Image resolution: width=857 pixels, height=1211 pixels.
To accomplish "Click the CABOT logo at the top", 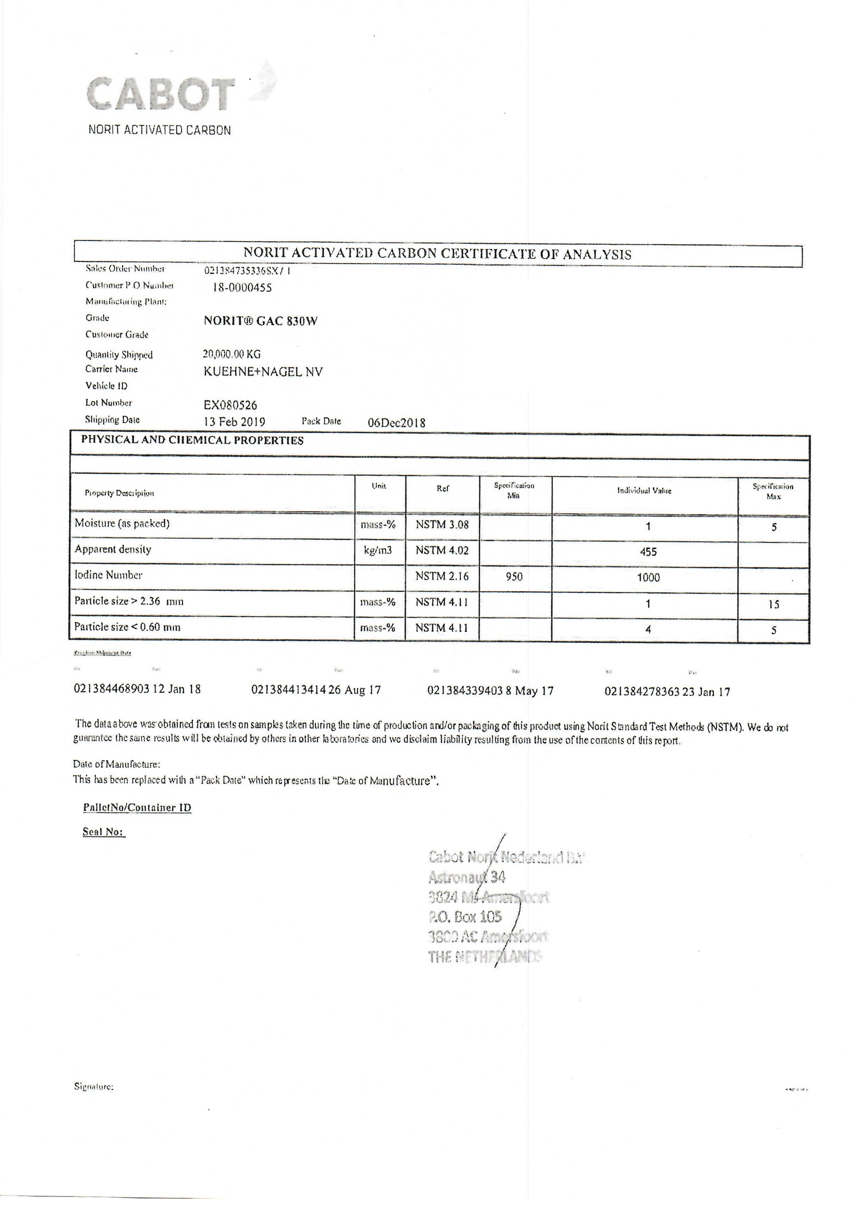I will coord(161,94).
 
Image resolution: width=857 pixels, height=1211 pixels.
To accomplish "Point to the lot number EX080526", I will coord(230,405).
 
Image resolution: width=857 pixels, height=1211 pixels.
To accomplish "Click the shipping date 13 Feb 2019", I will coord(234,422).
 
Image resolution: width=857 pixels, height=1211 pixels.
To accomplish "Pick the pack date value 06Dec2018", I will coord(396,422).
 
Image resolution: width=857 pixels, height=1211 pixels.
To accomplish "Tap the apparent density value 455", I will coord(648,552).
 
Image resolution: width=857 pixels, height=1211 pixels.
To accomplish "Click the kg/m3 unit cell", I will coord(378,550).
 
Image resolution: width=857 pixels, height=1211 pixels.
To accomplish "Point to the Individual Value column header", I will coord(644,491).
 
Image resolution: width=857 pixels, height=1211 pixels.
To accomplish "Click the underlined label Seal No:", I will coord(103,832).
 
